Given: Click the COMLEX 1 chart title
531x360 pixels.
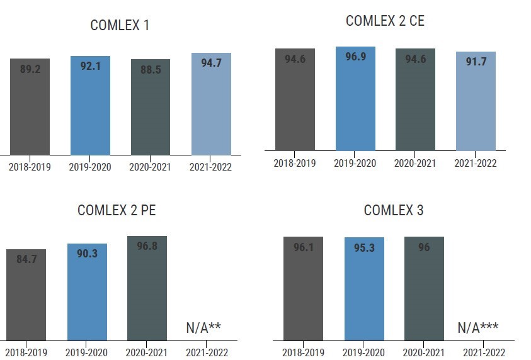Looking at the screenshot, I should tap(120, 26).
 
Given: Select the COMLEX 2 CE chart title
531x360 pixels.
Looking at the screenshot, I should tap(385, 21).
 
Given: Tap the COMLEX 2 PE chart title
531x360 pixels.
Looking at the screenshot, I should tap(117, 210).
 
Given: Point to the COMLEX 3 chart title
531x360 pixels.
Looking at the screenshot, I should tap(394, 210).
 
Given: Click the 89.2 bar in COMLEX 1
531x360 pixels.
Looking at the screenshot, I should tap(30, 107).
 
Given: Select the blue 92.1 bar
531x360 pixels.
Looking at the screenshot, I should tap(90, 105).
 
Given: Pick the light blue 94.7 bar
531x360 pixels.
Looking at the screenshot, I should tap(211, 104).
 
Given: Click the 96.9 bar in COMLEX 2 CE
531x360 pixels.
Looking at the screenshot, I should tap(355, 99).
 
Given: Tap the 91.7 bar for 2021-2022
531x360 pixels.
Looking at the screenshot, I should tap(476, 101).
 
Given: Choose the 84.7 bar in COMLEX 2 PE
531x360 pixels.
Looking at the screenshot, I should tap(26, 295).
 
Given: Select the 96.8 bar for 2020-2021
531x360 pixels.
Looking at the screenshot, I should tap(147, 288).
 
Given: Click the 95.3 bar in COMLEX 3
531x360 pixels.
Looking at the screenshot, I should tap(364, 289).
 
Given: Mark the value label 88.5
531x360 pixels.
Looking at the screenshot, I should tap(151, 70).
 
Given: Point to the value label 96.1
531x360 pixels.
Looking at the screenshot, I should tap(304, 247).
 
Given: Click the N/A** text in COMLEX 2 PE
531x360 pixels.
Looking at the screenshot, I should tap(203, 327).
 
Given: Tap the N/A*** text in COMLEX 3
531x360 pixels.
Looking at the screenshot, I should tap(478, 327).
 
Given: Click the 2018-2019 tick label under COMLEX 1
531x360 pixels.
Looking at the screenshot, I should tap(30, 167).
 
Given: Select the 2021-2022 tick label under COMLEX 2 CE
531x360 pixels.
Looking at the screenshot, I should tap(476, 164).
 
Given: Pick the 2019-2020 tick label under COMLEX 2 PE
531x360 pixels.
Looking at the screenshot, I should tap(87, 353).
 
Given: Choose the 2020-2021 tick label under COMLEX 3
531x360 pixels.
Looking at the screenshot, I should tap(425, 353).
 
